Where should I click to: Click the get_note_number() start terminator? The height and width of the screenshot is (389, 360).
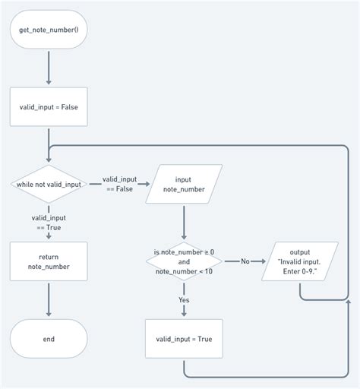(49, 30)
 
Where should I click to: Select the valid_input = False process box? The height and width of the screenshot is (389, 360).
(49, 106)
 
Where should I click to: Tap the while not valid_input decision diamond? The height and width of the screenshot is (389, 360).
(49, 185)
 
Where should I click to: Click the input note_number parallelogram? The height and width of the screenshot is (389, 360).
(185, 185)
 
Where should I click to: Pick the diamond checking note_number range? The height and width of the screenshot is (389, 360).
(185, 261)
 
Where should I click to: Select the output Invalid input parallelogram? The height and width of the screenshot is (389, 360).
(300, 261)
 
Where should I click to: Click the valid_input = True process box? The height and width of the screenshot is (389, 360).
(185, 338)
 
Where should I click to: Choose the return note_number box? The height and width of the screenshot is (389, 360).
(49, 261)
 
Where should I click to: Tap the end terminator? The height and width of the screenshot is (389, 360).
(49, 338)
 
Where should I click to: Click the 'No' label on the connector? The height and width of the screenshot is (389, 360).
(245, 261)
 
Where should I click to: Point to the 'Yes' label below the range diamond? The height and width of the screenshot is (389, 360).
(185, 300)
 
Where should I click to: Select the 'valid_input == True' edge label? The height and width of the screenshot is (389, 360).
(49, 223)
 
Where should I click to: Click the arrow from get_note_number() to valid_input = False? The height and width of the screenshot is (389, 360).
(49, 68)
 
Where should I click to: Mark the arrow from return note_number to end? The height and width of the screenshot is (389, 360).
(49, 299)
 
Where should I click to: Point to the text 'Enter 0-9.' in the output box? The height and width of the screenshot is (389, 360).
(300, 271)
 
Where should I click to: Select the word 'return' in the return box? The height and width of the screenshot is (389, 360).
(49, 256)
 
